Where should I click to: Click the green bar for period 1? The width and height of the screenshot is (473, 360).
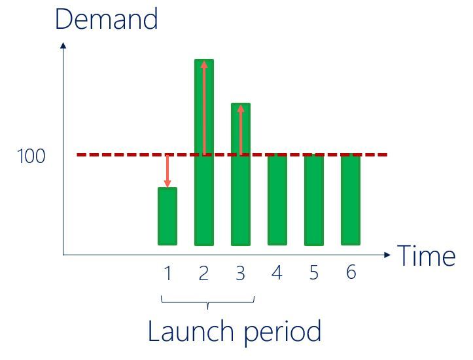point(167,216)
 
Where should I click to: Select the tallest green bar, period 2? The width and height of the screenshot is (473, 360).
point(204,153)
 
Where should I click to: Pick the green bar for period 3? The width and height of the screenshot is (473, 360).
point(241,174)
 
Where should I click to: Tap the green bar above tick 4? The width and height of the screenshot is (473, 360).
point(277,200)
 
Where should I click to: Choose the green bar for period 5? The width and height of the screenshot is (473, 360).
point(314,200)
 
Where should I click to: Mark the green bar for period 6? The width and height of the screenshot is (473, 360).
point(351,200)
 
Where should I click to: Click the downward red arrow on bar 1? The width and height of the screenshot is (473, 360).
point(167,171)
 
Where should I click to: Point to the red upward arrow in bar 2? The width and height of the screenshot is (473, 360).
point(205,108)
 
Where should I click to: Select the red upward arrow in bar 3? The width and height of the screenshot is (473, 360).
point(241,130)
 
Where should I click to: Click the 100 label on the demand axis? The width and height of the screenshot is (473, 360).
point(31,156)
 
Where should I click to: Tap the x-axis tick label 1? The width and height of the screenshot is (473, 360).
point(167,273)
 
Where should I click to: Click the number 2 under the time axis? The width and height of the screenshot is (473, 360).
point(203,273)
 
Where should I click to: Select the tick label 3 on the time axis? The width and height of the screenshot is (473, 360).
point(240,273)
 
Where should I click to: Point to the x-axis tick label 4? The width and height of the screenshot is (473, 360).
point(277,272)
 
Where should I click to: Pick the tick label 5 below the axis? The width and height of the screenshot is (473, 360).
point(314,272)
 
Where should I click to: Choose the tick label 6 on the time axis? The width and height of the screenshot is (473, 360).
point(351,272)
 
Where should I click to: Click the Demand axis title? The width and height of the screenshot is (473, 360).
point(107,19)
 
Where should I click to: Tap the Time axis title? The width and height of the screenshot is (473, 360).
point(427,255)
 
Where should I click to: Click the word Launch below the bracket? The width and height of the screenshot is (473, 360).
point(191,331)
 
